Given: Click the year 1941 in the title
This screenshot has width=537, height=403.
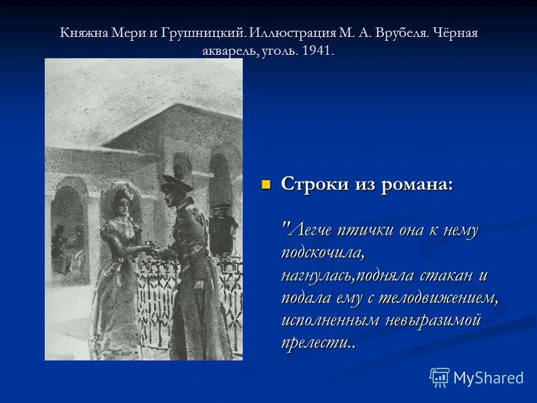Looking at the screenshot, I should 318,50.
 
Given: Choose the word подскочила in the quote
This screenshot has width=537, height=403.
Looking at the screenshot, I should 323,252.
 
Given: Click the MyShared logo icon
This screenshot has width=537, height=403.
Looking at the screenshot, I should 439,377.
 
